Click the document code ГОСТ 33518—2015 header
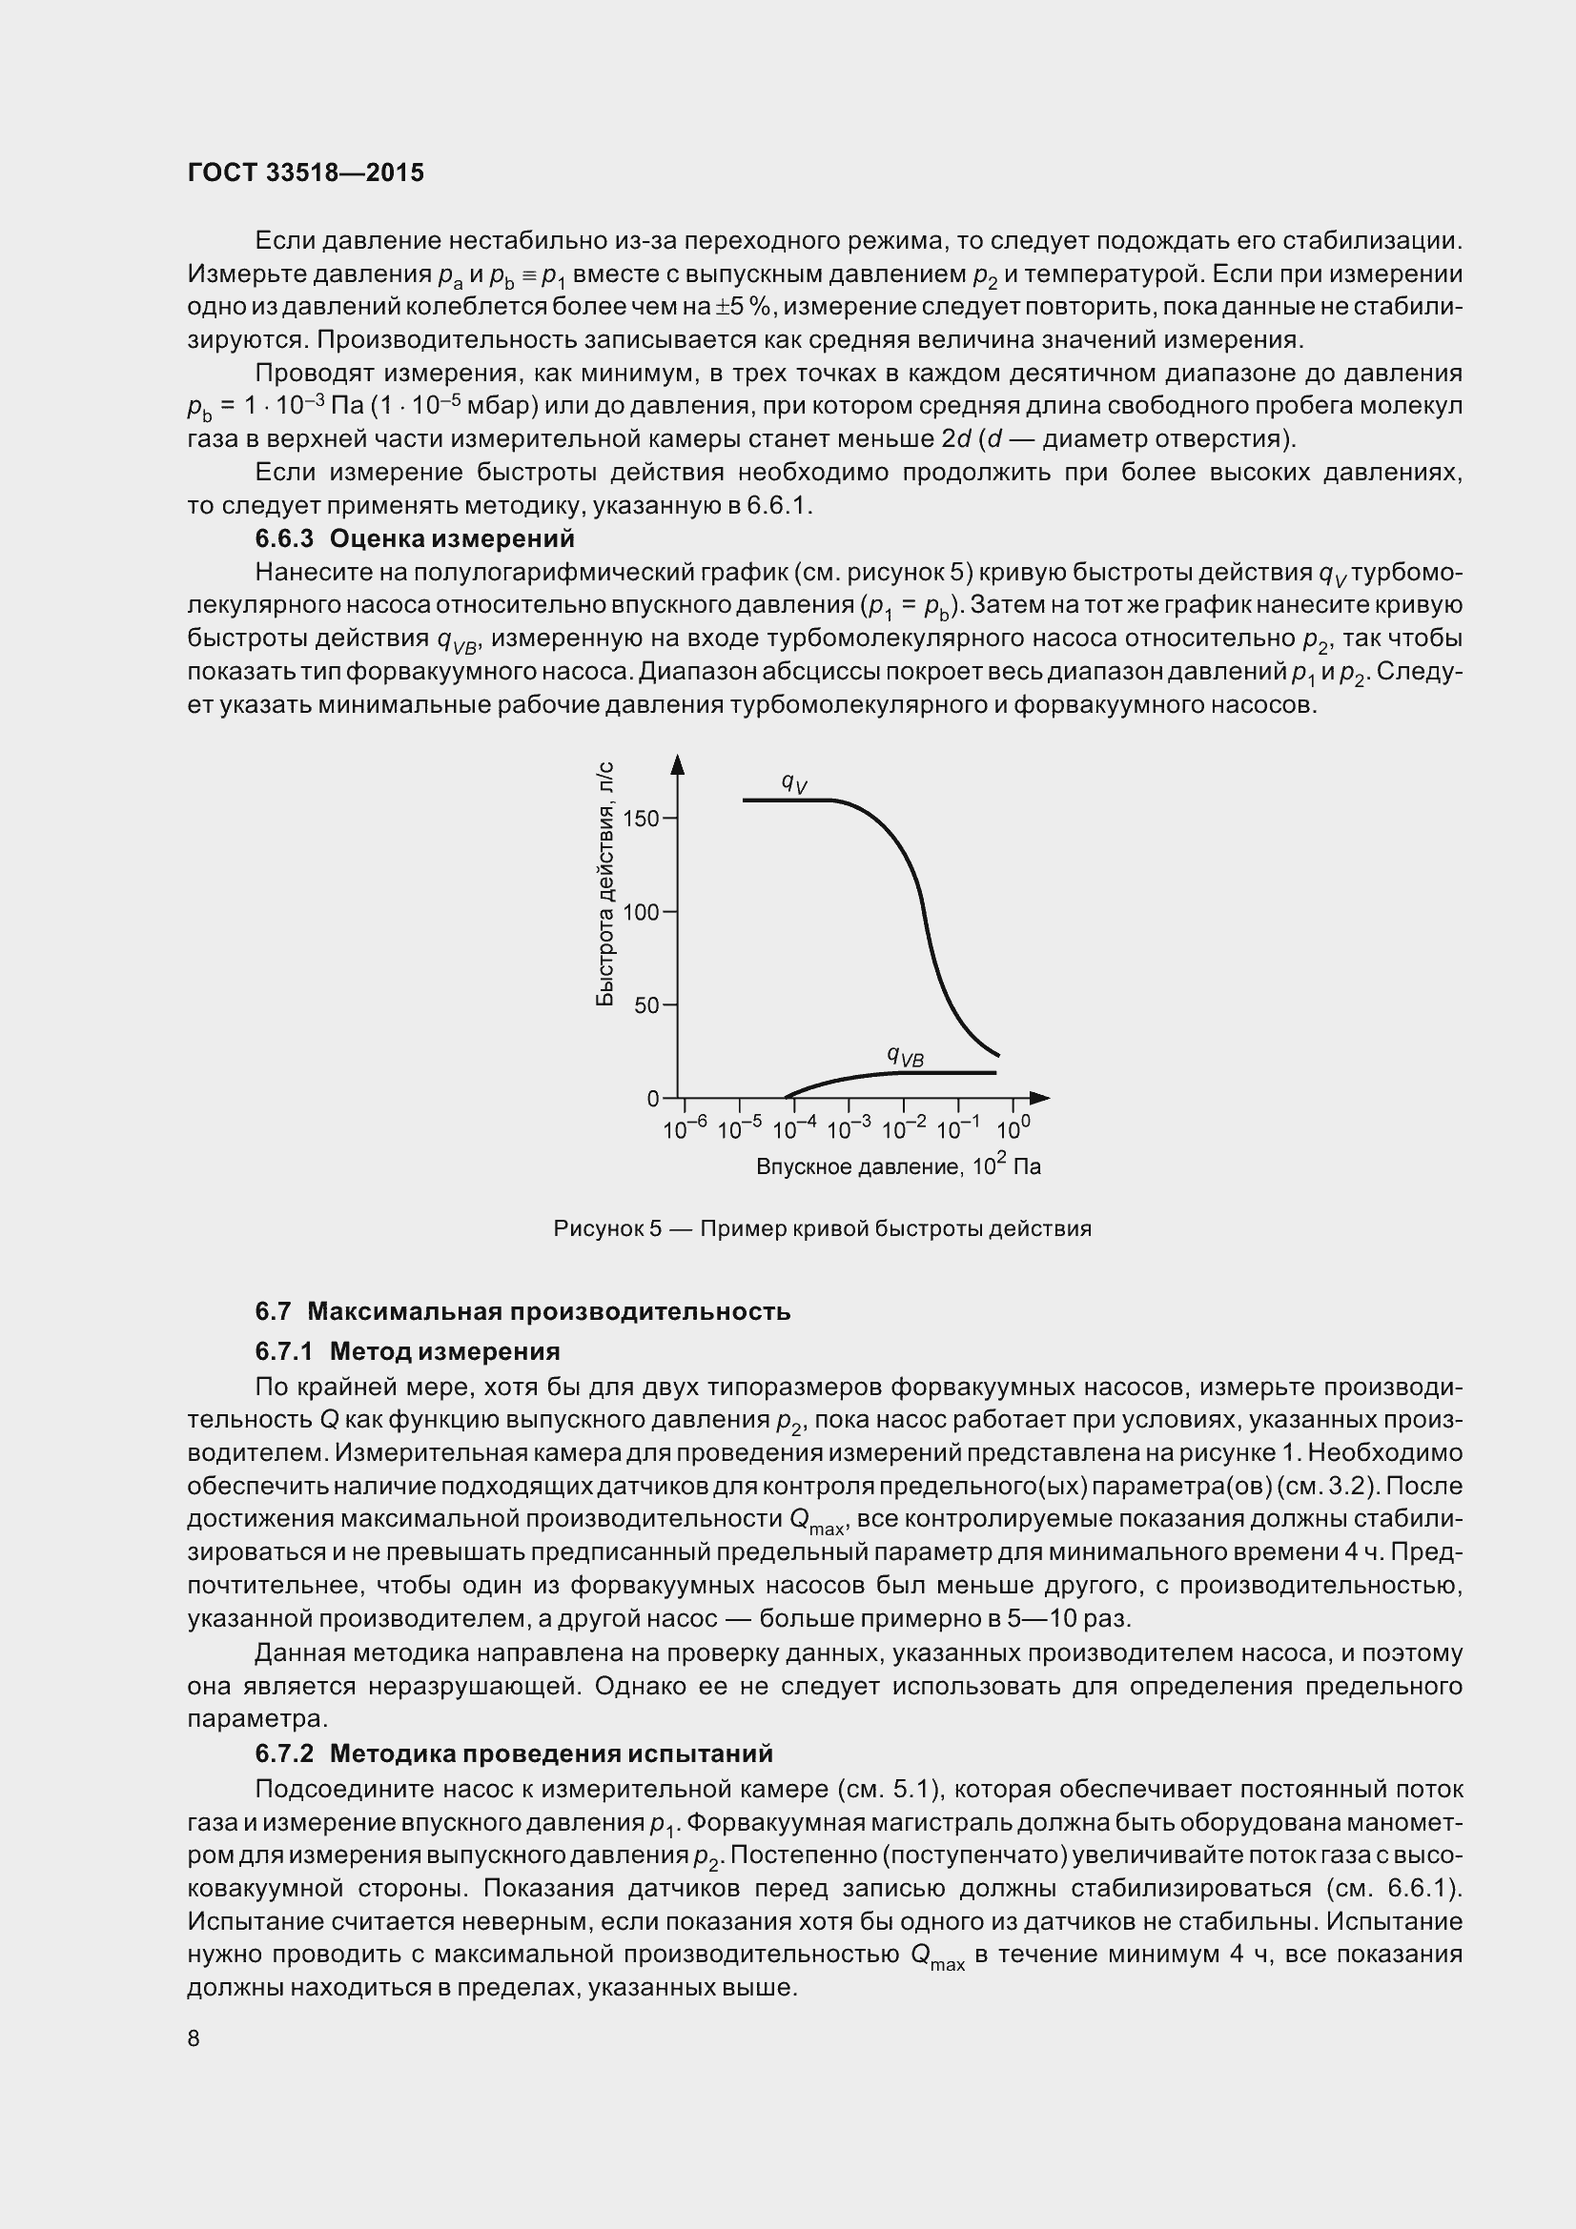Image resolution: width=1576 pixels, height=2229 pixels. click(306, 172)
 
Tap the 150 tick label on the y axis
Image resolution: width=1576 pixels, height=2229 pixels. click(640, 819)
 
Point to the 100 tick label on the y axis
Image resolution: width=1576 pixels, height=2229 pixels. click(640, 913)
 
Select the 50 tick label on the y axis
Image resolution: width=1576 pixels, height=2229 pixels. click(645, 1005)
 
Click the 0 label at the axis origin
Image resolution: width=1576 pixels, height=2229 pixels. click(652, 1098)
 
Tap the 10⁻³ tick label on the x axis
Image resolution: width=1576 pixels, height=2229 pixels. click(849, 1129)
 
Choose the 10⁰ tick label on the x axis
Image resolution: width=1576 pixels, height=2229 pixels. click(1013, 1129)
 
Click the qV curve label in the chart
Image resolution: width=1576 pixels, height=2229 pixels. click(793, 782)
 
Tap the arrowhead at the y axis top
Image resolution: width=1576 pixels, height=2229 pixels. click(678, 765)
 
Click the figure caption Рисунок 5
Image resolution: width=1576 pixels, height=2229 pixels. click(822, 1229)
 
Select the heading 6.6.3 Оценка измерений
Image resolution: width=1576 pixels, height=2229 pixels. click(415, 538)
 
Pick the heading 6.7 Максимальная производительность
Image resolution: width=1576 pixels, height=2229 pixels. click(522, 1311)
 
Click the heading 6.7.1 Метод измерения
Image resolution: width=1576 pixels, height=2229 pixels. click(407, 1351)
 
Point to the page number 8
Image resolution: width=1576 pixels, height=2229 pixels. click(194, 2038)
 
